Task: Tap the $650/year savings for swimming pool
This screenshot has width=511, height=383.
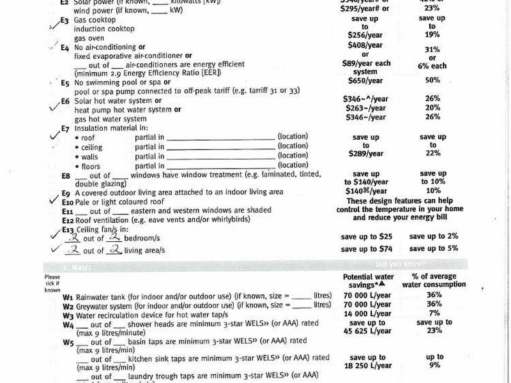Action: pos(365,80)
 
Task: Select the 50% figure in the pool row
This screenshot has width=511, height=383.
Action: pos(432,80)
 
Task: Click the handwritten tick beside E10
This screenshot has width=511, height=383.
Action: pos(54,200)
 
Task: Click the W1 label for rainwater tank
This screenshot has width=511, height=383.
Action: pos(68,297)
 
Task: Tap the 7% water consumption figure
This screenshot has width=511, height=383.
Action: pos(434,314)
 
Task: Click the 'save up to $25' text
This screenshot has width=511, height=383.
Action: pos(367,236)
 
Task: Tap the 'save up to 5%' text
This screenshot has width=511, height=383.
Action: pos(434,248)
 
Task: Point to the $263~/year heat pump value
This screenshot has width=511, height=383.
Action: pos(367,109)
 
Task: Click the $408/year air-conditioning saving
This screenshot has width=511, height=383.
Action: pos(365,45)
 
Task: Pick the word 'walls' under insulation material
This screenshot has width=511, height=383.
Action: pos(91,156)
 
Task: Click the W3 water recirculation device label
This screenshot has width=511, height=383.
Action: pos(68,314)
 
